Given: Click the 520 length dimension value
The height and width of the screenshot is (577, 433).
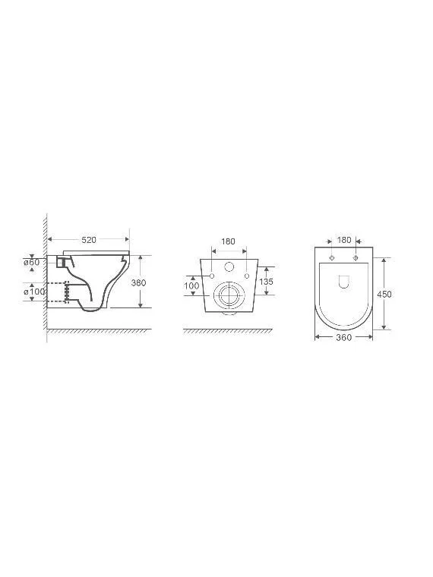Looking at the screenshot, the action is pyautogui.click(x=89, y=240).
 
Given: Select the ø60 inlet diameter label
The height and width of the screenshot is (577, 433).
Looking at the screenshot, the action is pyautogui.click(x=32, y=263).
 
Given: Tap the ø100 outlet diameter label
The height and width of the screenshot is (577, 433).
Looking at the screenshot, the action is pyautogui.click(x=34, y=292).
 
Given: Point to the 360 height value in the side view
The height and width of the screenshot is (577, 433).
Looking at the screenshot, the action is pyautogui.click(x=138, y=282).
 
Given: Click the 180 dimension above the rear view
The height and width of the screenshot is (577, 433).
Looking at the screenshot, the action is pyautogui.click(x=228, y=241).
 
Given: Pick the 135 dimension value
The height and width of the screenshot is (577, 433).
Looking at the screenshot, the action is pyautogui.click(x=266, y=282).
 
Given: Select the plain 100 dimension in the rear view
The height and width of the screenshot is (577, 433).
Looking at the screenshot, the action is pyautogui.click(x=191, y=285).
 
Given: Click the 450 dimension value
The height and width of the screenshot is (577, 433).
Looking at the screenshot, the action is pyautogui.click(x=384, y=294).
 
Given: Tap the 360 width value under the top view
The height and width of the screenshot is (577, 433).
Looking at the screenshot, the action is pyautogui.click(x=344, y=337).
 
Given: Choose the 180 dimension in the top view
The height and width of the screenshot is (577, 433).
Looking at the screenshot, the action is pyautogui.click(x=344, y=240).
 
